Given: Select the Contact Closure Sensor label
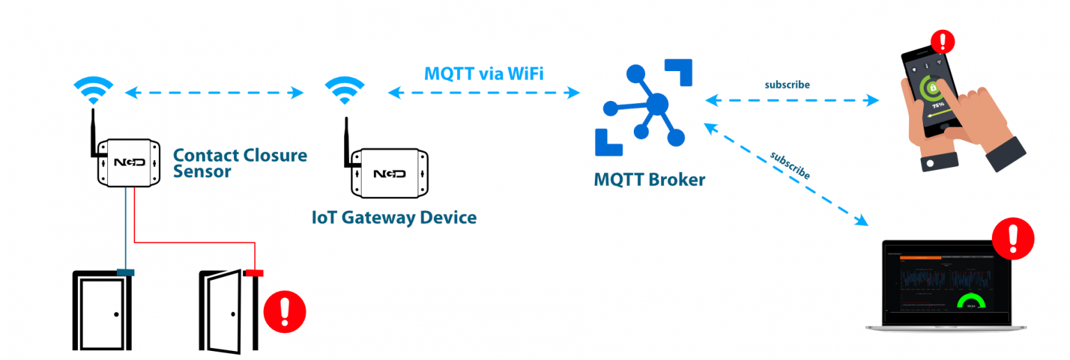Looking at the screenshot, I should point(239,163).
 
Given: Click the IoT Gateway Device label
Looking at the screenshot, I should point(394,217).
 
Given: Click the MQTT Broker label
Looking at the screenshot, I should point(649,180).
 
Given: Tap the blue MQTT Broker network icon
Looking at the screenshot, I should point(645,107).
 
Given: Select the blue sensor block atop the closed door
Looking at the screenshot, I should point(125,272).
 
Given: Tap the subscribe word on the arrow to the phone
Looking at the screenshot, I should point(787,85).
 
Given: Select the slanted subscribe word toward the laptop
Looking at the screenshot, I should point(790,164).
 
